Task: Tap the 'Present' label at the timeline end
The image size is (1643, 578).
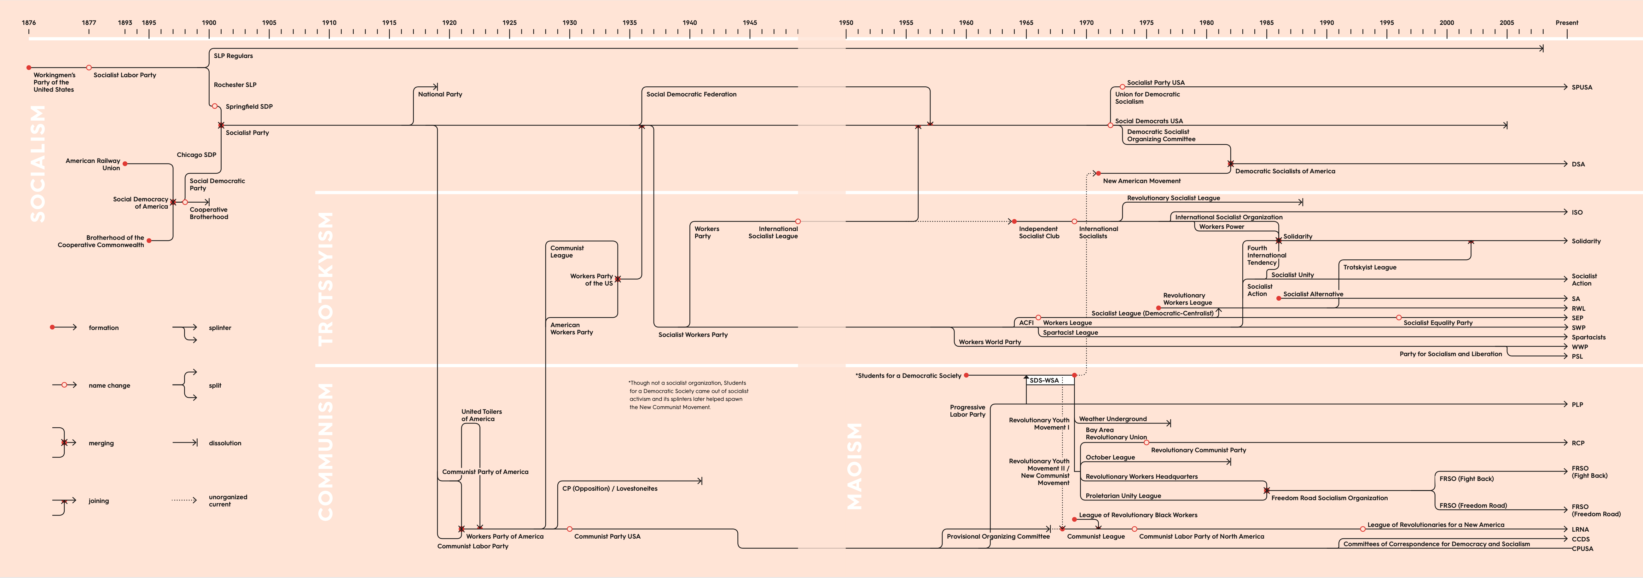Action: [1566, 22]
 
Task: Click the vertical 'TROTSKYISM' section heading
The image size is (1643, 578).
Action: [325, 279]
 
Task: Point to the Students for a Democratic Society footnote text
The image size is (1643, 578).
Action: [689, 395]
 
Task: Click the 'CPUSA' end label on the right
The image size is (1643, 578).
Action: [1582, 549]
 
